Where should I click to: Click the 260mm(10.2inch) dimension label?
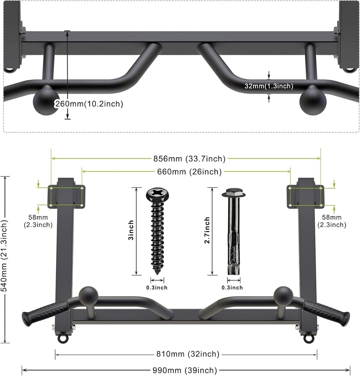[89, 104]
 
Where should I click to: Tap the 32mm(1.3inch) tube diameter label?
[268, 86]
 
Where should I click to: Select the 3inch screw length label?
[131, 230]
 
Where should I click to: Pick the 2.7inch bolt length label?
[207, 230]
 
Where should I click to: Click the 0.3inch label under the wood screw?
[157, 288]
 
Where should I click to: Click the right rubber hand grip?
[326, 312]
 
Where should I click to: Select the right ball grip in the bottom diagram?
[283, 295]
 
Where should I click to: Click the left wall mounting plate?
[67, 196]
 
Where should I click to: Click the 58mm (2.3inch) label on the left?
[40, 221]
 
